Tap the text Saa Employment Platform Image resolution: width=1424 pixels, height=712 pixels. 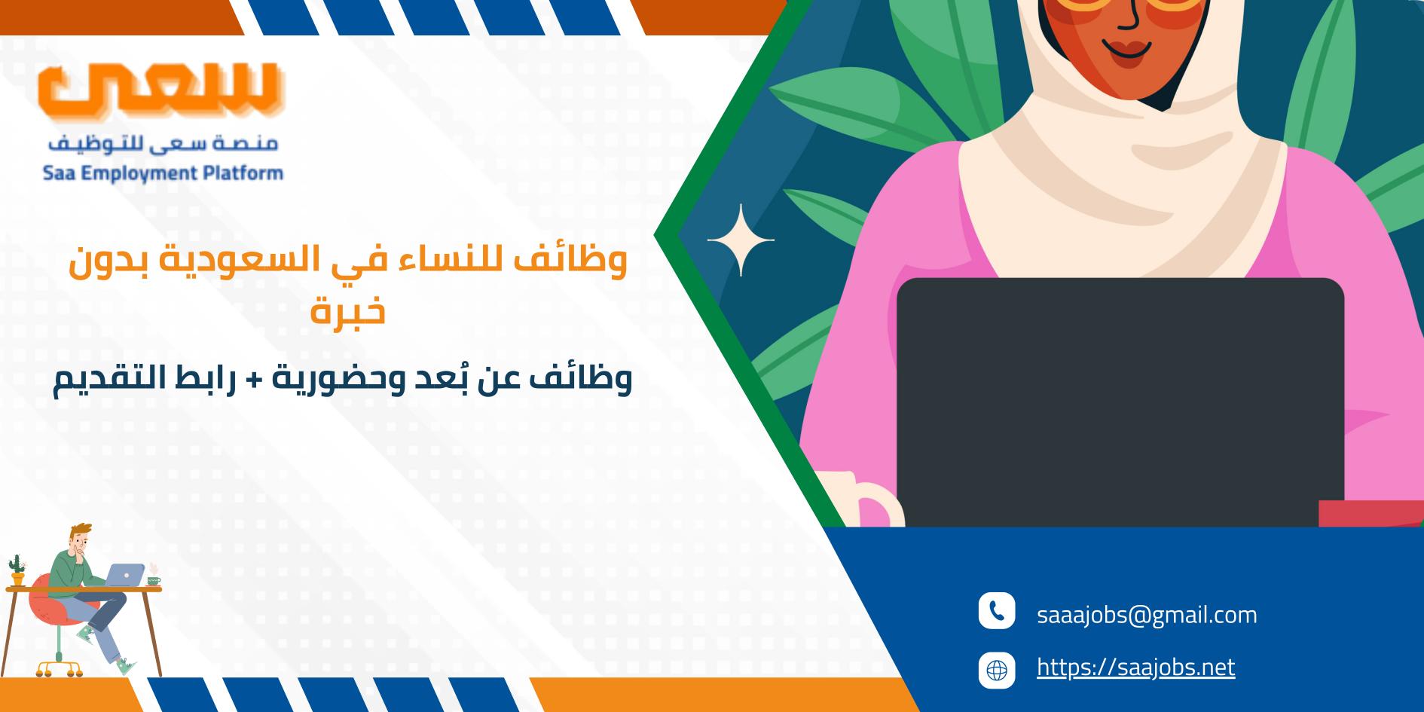163,173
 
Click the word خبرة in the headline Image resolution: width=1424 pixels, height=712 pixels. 348,310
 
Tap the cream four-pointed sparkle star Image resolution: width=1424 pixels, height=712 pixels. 741,240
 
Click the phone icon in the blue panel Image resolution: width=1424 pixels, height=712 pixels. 997,611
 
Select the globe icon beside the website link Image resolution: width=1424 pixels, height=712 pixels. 997,670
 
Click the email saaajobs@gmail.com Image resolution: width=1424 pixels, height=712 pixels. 1147,615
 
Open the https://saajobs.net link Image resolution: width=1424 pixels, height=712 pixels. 1135,667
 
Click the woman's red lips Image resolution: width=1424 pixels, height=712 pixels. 1128,48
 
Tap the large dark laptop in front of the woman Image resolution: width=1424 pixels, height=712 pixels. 1120,402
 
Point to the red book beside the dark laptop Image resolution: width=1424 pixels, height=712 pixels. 1371,514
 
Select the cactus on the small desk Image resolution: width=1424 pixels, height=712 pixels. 16,569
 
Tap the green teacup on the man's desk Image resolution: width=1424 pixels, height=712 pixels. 154,580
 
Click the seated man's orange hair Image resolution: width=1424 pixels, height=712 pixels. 81,532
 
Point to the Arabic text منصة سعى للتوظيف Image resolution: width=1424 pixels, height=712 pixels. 162,143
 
